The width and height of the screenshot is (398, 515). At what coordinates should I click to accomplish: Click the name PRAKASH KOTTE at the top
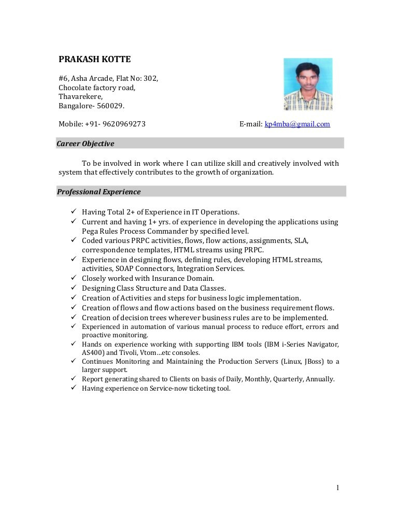click(94, 60)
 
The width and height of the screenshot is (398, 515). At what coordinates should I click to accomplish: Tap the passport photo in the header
click(308, 84)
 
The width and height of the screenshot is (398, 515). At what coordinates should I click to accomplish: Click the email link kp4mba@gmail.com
click(297, 124)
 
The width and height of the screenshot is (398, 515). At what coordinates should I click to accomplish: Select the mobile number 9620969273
click(124, 124)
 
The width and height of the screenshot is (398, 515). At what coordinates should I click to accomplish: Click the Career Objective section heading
click(86, 144)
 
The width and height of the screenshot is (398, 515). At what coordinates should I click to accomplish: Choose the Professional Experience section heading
click(98, 192)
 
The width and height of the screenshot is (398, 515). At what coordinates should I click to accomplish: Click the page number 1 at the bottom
click(337, 488)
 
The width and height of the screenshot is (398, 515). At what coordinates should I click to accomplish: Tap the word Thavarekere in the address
click(80, 97)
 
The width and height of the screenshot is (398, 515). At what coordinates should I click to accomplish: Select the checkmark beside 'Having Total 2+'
click(74, 211)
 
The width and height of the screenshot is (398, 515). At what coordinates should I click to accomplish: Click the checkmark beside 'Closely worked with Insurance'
click(74, 278)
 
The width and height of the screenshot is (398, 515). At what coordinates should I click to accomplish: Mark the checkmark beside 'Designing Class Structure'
click(74, 288)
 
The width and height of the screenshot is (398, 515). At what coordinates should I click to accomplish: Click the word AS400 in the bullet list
click(92, 353)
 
